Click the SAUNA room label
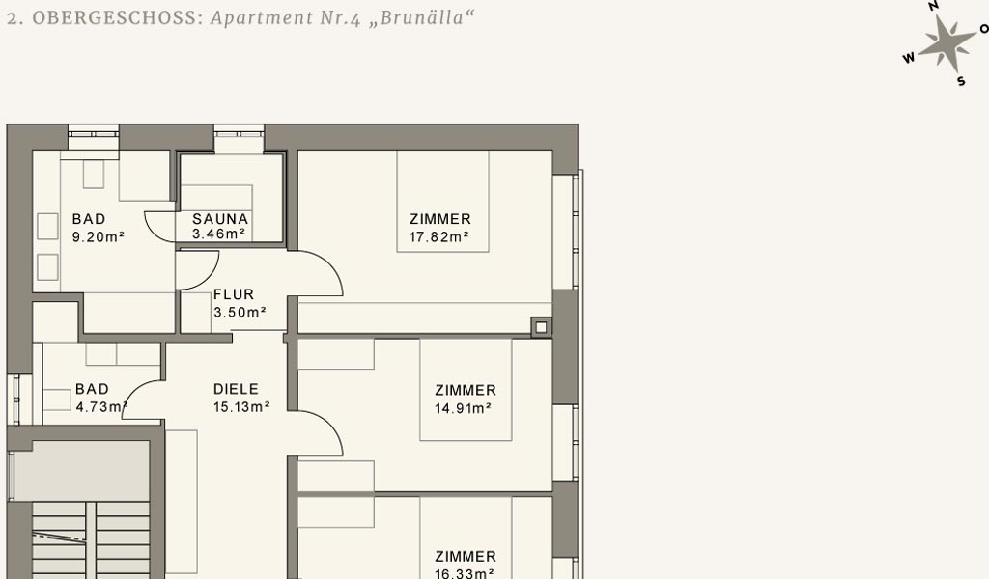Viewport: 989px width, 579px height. pyautogui.click(x=220, y=219)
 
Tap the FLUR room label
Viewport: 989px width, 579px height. pyautogui.click(x=234, y=294)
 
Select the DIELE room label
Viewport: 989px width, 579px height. pyautogui.click(x=236, y=389)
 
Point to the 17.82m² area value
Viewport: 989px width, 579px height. pyautogui.click(x=438, y=236)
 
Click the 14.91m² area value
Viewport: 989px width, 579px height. pyautogui.click(x=463, y=408)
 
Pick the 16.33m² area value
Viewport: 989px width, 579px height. pyautogui.click(x=465, y=573)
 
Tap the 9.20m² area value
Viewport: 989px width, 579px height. pyautogui.click(x=99, y=236)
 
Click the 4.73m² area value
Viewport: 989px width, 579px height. pyautogui.click(x=101, y=407)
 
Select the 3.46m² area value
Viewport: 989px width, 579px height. pyautogui.click(x=219, y=234)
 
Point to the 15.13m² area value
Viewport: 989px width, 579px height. pyautogui.click(x=241, y=407)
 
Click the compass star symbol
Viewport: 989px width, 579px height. pyautogui.click(x=947, y=42)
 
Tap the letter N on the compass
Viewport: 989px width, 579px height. pyautogui.click(x=934, y=6)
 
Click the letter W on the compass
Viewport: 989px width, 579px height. pyautogui.click(x=909, y=58)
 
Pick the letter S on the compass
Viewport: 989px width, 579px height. pyautogui.click(x=961, y=81)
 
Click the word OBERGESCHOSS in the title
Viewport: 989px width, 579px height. pyautogui.click(x=116, y=17)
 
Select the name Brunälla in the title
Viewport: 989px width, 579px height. pyautogui.click(x=422, y=17)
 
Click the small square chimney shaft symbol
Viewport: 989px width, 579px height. pyautogui.click(x=541, y=327)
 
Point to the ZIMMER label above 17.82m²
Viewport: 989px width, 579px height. pyautogui.click(x=440, y=219)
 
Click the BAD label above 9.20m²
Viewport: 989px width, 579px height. pyautogui.click(x=89, y=219)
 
